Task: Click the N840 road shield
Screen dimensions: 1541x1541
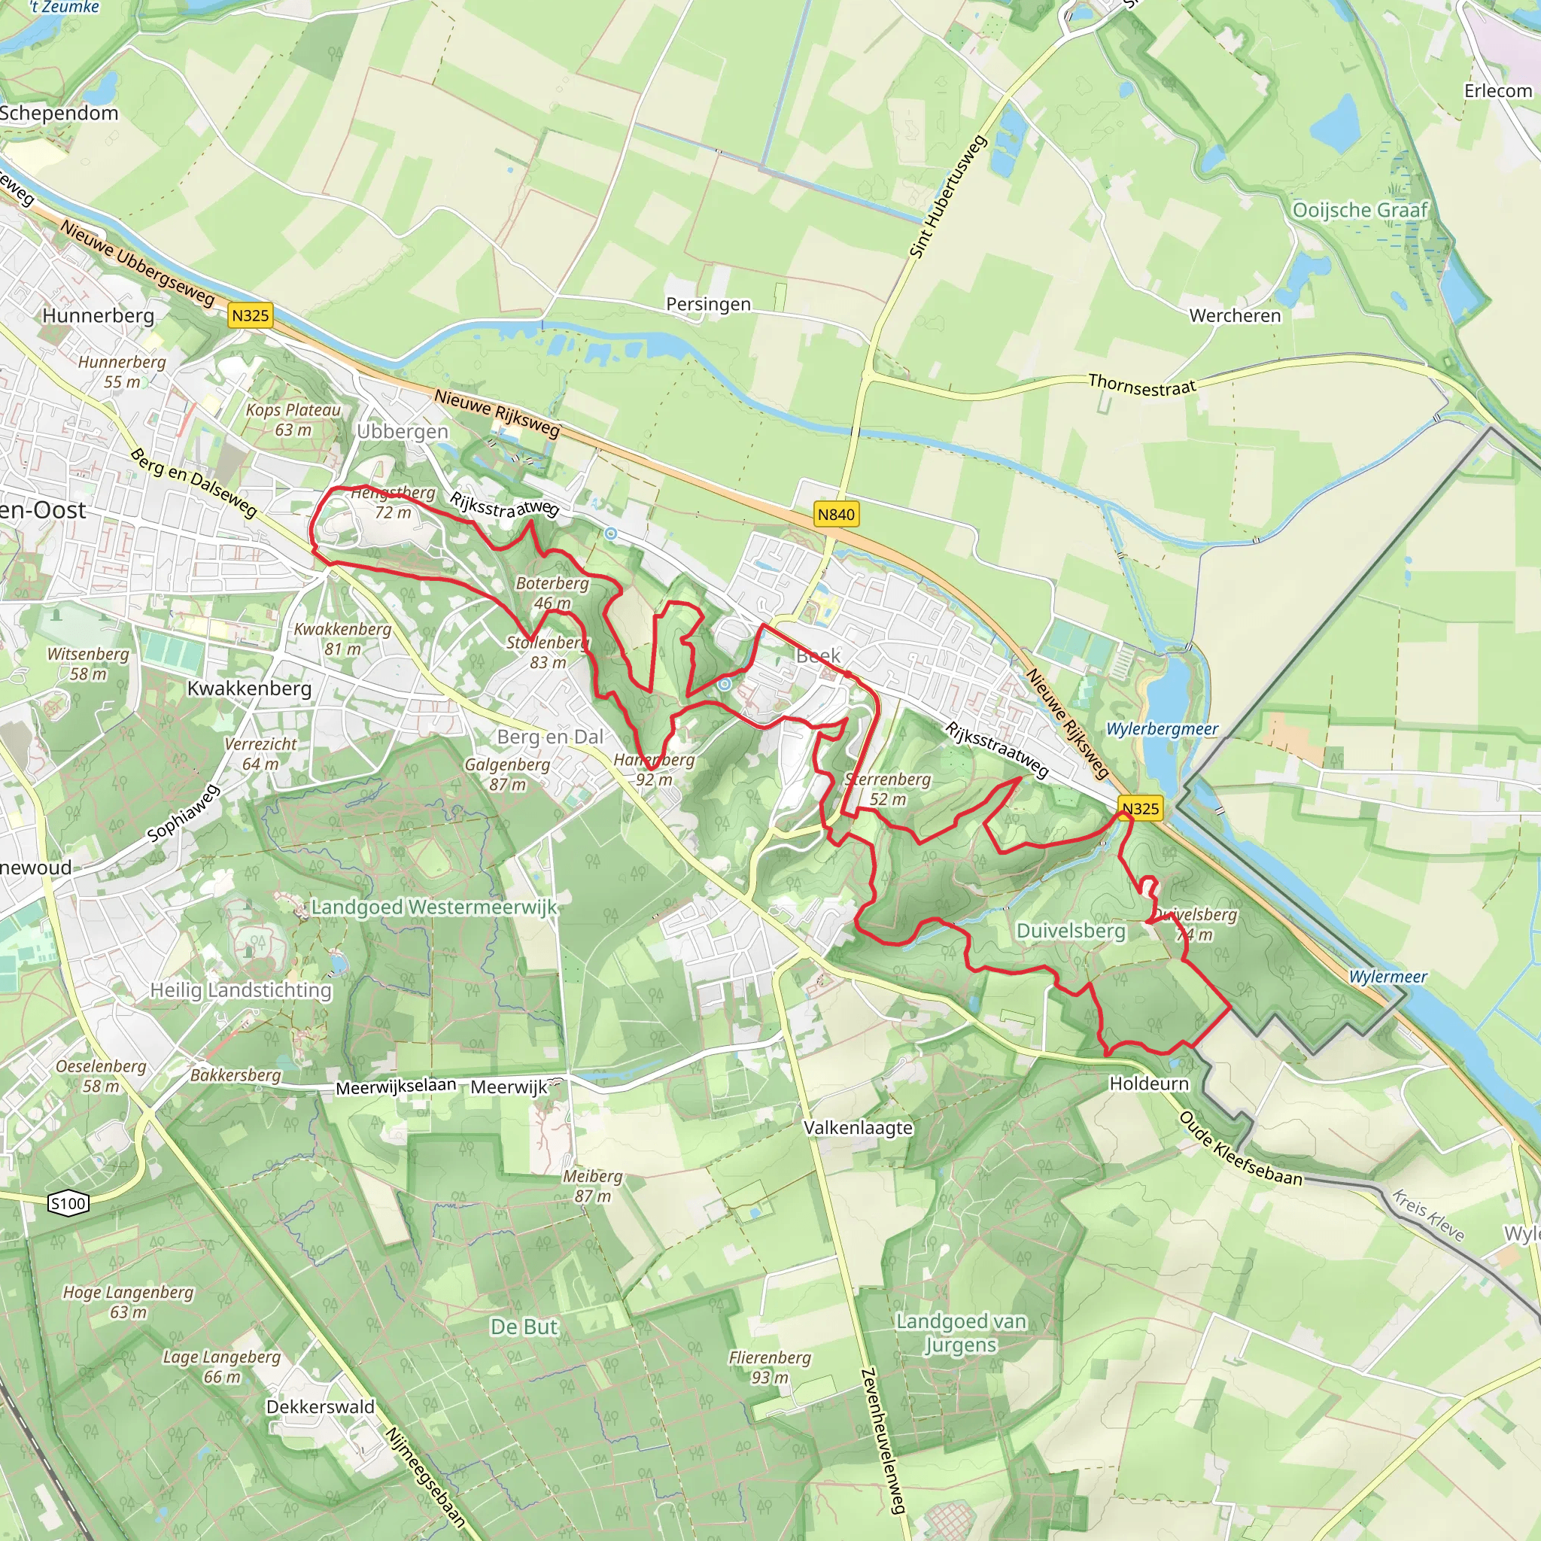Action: coord(836,515)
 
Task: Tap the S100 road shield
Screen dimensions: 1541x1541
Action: coord(68,1204)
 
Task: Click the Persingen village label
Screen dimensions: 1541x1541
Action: coord(708,304)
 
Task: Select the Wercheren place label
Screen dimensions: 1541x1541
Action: coord(1235,316)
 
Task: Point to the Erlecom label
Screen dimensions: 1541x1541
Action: coord(1498,91)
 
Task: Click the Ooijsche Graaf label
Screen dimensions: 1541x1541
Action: coord(1360,211)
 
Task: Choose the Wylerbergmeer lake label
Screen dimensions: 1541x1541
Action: coord(1162,729)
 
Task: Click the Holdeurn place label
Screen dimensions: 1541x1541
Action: coord(1148,1084)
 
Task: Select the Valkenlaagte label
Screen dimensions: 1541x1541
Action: coord(859,1128)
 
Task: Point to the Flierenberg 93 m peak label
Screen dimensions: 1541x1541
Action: coord(770,1368)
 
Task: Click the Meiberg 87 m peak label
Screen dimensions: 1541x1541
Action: coord(593,1186)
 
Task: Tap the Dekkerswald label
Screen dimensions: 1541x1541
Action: coord(320,1407)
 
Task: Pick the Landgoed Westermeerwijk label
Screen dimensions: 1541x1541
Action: coord(434,907)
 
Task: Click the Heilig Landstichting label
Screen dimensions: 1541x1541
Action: coord(241,991)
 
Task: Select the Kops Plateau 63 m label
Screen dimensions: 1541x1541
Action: coord(293,420)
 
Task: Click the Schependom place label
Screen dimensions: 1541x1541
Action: coord(59,114)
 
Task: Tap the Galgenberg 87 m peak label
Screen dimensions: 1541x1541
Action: coord(507,774)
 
